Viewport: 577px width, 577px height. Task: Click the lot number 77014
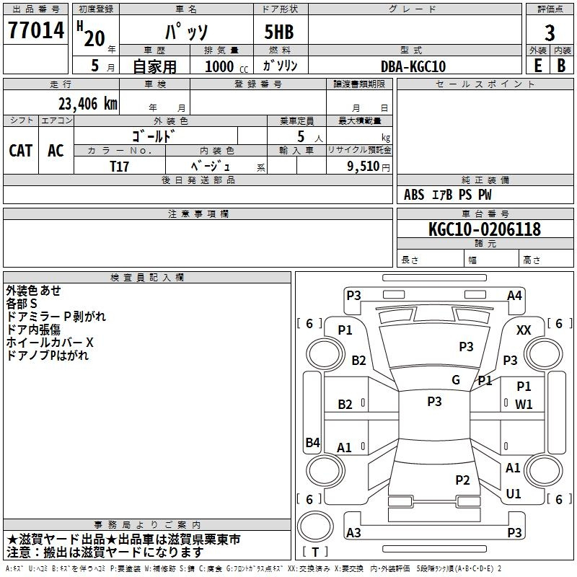(x=36, y=30)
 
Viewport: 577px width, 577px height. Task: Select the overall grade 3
(x=550, y=32)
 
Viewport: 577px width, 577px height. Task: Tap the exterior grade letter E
(x=538, y=66)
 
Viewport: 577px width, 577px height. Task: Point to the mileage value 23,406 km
(x=88, y=104)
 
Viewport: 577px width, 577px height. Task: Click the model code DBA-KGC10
(x=413, y=66)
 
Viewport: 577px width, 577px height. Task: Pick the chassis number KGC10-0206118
(x=485, y=229)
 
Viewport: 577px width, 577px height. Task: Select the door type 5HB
(x=279, y=32)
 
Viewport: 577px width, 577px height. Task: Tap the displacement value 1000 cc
(x=226, y=66)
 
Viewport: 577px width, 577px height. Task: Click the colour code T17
(x=119, y=167)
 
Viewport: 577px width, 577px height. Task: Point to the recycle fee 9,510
(x=364, y=166)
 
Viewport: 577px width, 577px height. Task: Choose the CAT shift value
(x=21, y=151)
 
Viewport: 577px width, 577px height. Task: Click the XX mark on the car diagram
(x=524, y=330)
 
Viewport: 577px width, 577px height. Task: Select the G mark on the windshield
(x=456, y=379)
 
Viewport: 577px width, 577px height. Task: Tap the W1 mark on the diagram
(x=524, y=405)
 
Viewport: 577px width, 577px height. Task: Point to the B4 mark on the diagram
(x=313, y=442)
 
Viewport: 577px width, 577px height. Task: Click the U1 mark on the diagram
(x=514, y=493)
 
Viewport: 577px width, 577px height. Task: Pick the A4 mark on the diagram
(x=514, y=296)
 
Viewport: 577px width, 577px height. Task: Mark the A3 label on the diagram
(x=353, y=532)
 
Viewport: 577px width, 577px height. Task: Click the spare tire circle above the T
(x=315, y=527)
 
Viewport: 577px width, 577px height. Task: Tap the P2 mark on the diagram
(x=462, y=480)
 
